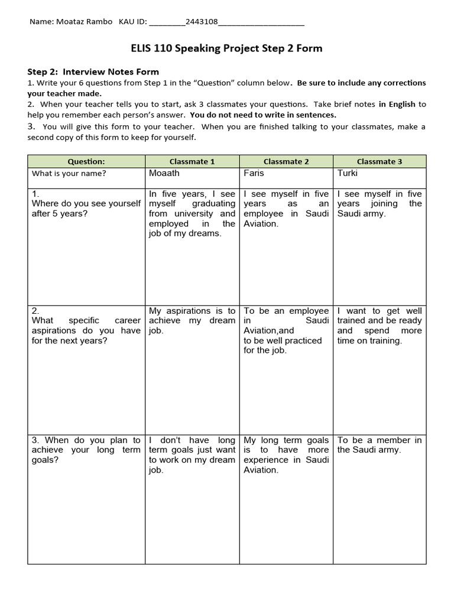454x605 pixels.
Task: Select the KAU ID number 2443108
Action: coord(202,22)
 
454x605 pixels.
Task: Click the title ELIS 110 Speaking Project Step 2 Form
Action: coord(226,48)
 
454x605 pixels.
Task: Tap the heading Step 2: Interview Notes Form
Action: coord(93,71)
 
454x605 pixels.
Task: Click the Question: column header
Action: coord(86,161)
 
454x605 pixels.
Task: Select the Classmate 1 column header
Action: coord(192,161)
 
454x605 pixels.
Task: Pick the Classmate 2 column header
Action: coord(286,161)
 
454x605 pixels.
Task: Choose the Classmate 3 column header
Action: coord(380,161)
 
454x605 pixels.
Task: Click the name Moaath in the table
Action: coord(164,174)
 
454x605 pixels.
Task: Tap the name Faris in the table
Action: coord(254,174)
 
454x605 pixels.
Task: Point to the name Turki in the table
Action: coord(348,174)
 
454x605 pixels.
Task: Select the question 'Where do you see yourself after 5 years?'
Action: coord(86,209)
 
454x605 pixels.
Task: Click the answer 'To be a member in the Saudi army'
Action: coord(380,445)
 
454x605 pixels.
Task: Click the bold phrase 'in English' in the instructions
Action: coord(397,104)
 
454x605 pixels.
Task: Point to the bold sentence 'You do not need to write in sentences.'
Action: coord(262,115)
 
